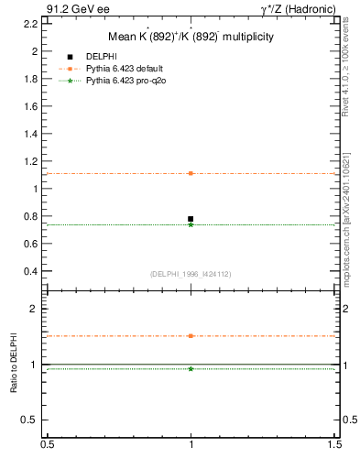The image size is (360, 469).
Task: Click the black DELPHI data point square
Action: (x=191, y=219)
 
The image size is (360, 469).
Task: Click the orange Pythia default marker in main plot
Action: (x=191, y=173)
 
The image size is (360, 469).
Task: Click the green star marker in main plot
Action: (x=191, y=224)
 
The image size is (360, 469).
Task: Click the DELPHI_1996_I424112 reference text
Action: (x=191, y=273)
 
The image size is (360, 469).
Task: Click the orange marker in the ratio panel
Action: (x=191, y=336)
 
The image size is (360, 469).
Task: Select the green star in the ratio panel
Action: (x=191, y=368)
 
